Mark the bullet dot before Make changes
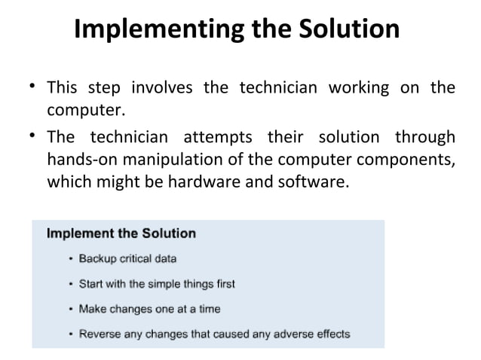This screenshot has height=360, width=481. [x=71, y=309]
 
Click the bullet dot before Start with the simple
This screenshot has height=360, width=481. [x=71, y=284]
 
